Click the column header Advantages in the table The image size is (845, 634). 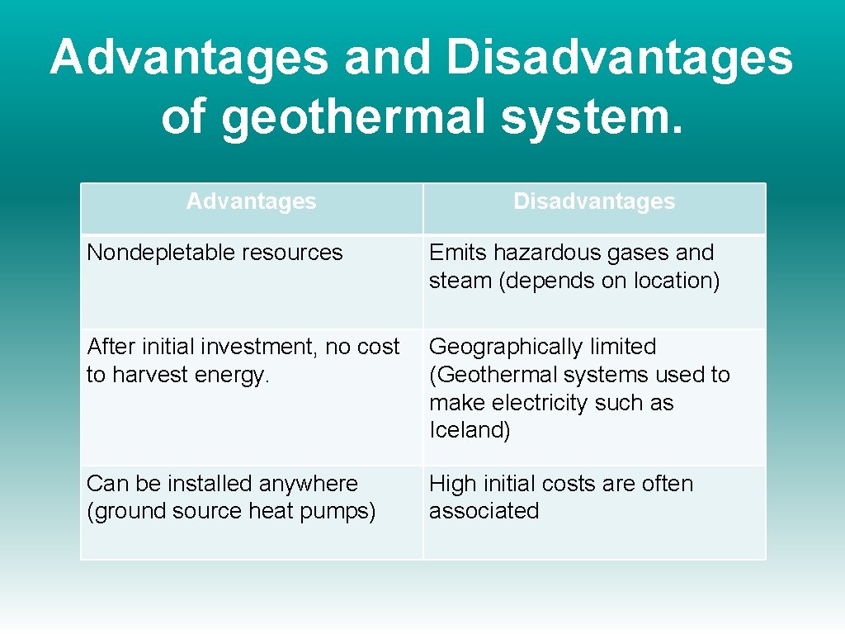251,201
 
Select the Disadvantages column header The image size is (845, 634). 594,201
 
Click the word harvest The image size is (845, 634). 149,375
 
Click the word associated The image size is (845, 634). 484,512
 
